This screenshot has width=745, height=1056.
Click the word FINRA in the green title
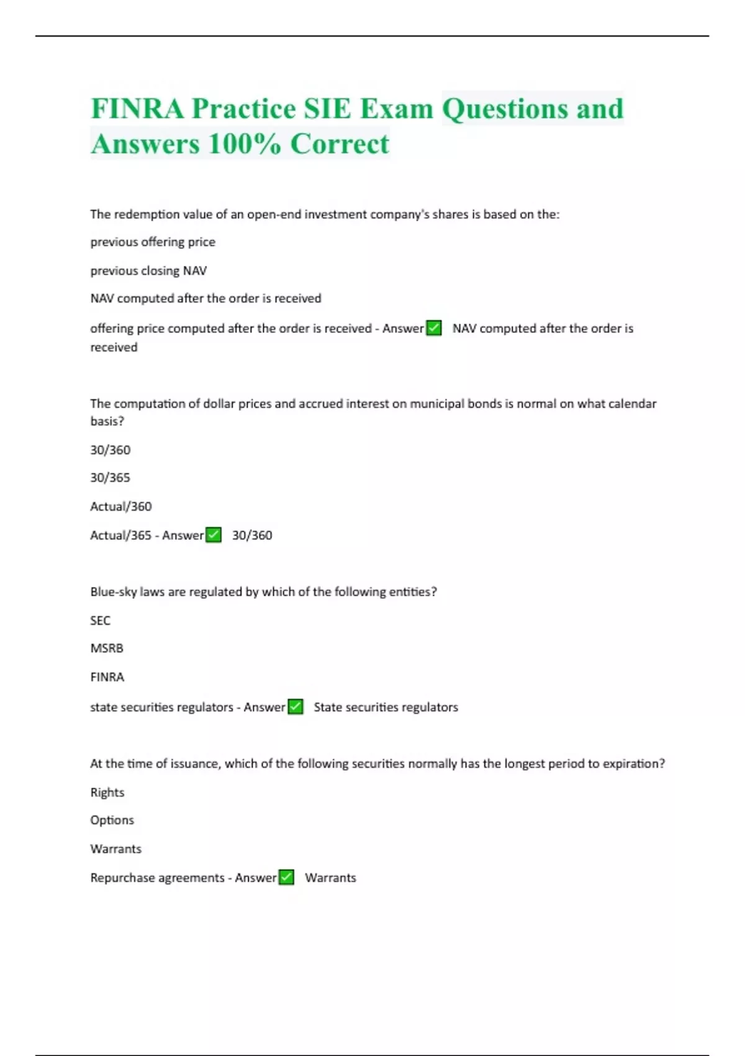(137, 109)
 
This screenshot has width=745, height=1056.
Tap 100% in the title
(245, 144)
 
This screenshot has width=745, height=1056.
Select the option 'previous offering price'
(153, 242)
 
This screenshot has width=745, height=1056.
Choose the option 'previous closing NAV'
(148, 271)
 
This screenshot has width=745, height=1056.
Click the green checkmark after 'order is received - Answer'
(434, 328)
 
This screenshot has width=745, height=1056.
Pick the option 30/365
(110, 478)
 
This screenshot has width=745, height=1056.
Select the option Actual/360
(121, 506)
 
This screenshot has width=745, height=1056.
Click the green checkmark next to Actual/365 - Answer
(214, 535)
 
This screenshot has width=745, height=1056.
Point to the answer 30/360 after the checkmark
(252, 535)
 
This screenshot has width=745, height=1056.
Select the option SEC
(100, 621)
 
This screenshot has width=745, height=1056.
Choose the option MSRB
(107, 649)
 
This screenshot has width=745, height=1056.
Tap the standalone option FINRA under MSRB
(107, 677)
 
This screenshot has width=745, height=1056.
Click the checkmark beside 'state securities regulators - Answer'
(296, 707)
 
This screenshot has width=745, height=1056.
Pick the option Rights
(107, 793)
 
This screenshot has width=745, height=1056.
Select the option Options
(112, 821)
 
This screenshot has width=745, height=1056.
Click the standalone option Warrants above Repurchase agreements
(116, 849)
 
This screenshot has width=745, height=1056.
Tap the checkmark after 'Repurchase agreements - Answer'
(286, 877)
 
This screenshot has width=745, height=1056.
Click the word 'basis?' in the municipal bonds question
(107, 421)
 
